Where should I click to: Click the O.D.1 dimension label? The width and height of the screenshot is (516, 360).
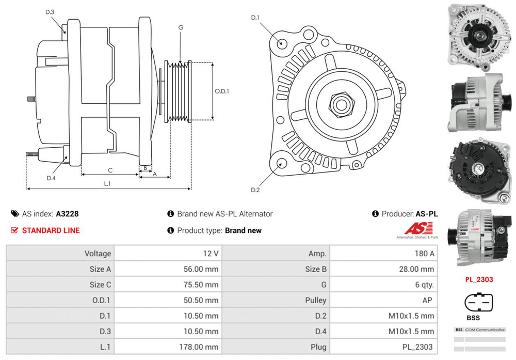click(x=221, y=91)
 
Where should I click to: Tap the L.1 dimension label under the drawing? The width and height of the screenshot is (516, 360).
click(x=107, y=183)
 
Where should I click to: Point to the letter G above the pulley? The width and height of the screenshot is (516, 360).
click(x=181, y=27)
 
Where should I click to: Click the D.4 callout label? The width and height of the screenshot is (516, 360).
click(x=51, y=178)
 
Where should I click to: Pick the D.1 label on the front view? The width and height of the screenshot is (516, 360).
click(x=255, y=18)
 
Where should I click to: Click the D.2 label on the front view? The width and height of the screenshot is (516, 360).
click(x=255, y=190)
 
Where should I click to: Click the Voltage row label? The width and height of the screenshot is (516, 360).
click(x=98, y=254)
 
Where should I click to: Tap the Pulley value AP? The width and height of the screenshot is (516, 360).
click(x=428, y=300)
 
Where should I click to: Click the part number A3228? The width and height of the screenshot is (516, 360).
click(x=67, y=214)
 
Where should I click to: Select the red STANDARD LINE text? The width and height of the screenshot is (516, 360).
click(x=51, y=230)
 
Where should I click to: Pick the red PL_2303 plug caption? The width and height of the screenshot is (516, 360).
click(x=479, y=279)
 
